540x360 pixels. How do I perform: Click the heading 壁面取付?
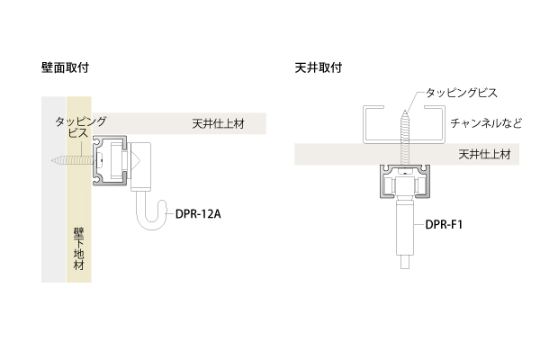pyautogui.click(x=64, y=67)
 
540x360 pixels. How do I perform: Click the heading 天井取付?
pyautogui.click(x=318, y=67)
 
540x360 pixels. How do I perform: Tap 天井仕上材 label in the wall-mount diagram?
pyautogui.click(x=218, y=123)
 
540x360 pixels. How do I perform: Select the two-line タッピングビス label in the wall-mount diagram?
pyautogui.click(x=80, y=126)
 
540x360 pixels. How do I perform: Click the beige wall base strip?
pyautogui.click(x=78, y=198)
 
